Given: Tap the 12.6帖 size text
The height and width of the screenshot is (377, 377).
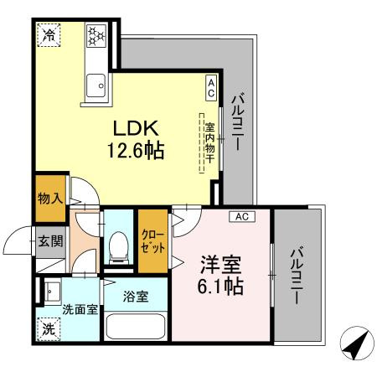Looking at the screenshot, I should click(x=135, y=152).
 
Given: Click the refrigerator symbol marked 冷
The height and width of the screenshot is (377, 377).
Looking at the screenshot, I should click(x=48, y=36).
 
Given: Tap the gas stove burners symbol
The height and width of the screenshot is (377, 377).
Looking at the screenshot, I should click(x=96, y=36).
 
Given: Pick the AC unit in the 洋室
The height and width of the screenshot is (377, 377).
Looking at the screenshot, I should click(x=242, y=216).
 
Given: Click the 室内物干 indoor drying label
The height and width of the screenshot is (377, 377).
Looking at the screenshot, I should click(x=209, y=142).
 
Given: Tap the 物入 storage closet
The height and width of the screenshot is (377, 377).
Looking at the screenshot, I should click(x=49, y=198).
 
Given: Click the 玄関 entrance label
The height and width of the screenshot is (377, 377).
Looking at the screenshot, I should click(x=49, y=242).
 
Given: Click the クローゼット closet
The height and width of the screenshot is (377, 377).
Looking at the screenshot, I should click(x=152, y=240).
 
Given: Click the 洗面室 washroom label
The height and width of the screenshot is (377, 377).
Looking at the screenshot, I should click(x=80, y=309).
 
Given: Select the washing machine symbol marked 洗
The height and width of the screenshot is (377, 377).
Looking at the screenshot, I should click(x=49, y=330).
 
